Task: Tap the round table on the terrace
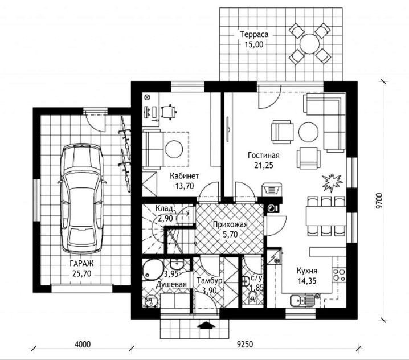310,44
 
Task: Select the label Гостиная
263,155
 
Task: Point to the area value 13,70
185,186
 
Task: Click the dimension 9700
379,201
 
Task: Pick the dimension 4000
83,345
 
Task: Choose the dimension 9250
245,345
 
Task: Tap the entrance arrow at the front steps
206,325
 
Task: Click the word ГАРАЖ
81,263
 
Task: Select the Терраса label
254,34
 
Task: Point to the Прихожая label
230,224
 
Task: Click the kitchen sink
302,301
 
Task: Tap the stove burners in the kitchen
339,276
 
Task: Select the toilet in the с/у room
252,297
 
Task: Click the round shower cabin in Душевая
153,269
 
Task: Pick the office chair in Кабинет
169,112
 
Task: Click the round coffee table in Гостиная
308,132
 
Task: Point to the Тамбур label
210,280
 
